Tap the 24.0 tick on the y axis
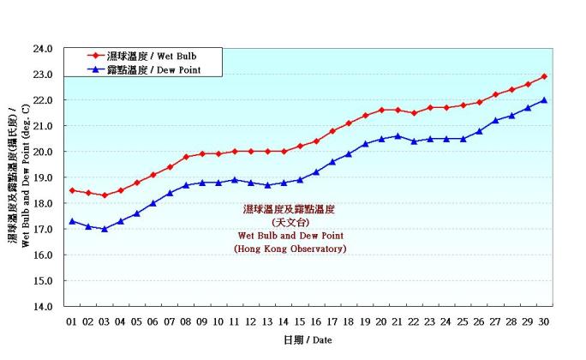click(43, 49)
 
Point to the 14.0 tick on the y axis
click(43, 306)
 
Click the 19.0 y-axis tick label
click(43, 177)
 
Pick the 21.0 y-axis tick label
click(43, 126)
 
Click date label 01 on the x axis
click(72, 321)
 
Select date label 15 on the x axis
click(300, 321)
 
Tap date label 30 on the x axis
click(544, 321)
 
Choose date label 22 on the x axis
click(414, 321)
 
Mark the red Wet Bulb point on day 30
click(544, 76)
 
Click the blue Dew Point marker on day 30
click(544, 99)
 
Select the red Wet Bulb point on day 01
click(72, 190)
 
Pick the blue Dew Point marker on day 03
click(105, 229)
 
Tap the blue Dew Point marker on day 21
click(398, 135)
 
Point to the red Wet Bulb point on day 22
click(414, 113)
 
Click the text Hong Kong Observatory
click(290, 249)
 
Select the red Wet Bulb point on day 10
click(218, 154)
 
